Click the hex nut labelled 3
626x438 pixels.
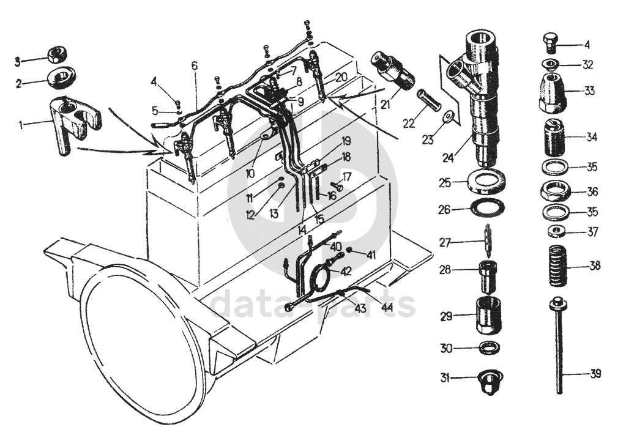(58, 54)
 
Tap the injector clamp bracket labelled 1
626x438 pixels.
(75, 124)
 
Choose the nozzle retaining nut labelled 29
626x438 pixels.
(488, 315)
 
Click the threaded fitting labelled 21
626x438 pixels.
(391, 71)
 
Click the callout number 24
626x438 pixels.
(448, 158)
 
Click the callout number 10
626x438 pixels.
(250, 174)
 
